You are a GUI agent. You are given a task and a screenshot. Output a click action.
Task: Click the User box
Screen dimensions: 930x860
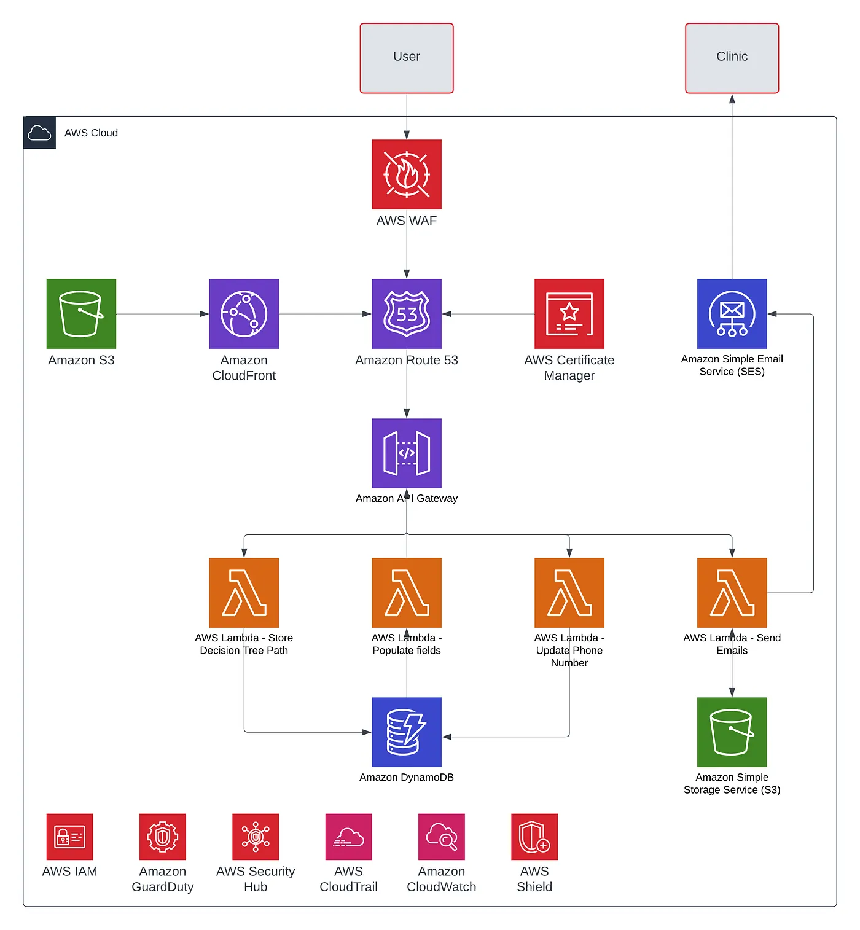coord(407,58)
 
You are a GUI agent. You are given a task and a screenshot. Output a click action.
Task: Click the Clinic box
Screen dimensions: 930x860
coord(732,58)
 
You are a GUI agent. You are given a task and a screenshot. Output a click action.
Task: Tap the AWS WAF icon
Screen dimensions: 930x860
coord(407,174)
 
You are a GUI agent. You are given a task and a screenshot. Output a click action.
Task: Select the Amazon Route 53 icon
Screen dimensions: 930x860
coord(407,314)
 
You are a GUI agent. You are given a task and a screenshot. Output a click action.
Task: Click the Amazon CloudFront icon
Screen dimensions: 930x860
coord(244,314)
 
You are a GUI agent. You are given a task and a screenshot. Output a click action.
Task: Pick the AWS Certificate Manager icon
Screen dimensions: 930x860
coord(569,314)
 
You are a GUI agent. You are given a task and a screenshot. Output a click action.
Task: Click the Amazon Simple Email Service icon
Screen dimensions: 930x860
coord(732,314)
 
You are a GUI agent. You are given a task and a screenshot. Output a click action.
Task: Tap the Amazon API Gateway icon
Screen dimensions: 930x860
coord(407,453)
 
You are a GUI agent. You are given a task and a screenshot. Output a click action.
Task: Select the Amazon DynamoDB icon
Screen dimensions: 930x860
coord(407,732)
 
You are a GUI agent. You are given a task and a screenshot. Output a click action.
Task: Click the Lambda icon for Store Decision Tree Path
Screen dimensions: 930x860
coord(244,593)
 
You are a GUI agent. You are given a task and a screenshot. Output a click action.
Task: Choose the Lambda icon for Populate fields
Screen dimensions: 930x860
coord(407,593)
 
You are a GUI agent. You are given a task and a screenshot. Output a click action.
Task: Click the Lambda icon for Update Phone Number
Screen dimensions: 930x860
coord(569,593)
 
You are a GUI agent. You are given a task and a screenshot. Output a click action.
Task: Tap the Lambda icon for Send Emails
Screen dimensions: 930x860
coord(732,593)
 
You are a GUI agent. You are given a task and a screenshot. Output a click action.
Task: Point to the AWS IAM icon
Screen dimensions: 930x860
coord(69,837)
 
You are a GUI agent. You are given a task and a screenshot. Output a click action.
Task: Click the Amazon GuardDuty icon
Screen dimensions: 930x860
coord(163,837)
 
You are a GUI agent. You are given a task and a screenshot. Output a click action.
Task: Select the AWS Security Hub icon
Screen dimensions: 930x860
coord(256,837)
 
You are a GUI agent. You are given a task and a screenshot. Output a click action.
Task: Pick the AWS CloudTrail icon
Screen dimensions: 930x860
coord(348,837)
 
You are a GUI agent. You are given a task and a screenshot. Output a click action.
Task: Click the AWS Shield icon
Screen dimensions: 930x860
coord(534,837)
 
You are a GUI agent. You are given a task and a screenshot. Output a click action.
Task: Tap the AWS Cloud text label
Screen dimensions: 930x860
coord(91,133)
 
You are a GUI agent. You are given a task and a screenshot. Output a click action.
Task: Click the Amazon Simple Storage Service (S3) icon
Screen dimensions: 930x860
coord(732,732)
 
